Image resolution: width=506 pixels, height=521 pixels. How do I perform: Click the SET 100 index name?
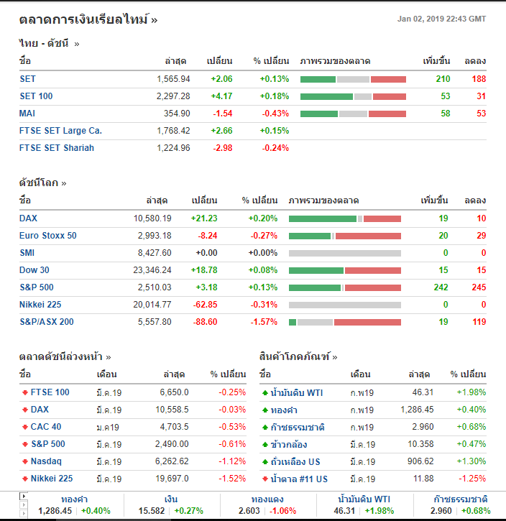pos(36,96)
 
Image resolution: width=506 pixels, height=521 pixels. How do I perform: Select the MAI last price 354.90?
pos(176,114)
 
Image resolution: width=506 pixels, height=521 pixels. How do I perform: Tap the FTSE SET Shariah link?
pos(57,148)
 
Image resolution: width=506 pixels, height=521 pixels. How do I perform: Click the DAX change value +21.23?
pos(204,218)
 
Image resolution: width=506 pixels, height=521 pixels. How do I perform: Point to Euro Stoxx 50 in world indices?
pos(47,236)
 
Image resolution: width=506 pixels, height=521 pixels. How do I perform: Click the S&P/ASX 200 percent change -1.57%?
pos(263,322)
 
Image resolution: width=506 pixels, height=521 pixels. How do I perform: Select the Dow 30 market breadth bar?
pos(345,270)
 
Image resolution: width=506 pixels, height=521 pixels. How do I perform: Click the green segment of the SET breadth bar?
pos(318,79)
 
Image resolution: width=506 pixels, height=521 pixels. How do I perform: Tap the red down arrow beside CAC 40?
pos(25,427)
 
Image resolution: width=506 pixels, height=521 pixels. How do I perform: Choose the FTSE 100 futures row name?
pos(50,392)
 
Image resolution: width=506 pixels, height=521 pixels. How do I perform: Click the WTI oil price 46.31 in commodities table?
pos(422,392)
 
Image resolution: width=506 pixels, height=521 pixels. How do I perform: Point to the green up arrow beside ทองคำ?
pos(264,410)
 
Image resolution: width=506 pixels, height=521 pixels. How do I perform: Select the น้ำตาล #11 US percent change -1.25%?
pos(471,479)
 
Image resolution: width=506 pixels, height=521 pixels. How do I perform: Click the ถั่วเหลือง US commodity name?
pos(295,461)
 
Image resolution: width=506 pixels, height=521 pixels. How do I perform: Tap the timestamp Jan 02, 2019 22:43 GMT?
pos(441,19)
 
